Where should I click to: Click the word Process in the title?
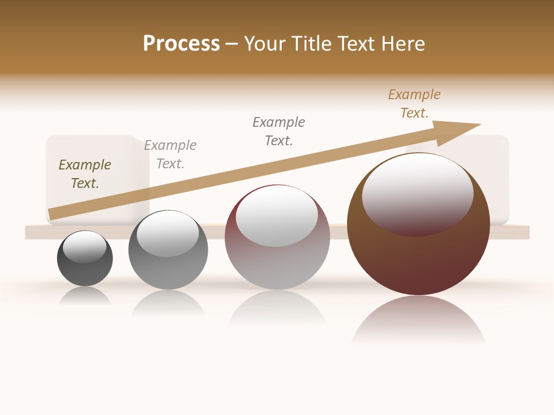[181, 44]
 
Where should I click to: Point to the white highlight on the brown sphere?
[417, 193]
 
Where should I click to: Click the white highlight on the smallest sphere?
[85, 247]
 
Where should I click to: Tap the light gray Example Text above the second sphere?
[170, 154]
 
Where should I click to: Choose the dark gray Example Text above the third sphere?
[279, 131]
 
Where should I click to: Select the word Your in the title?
[264, 44]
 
